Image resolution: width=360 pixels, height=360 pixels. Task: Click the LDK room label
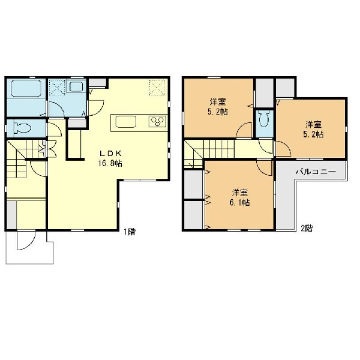click(110, 153)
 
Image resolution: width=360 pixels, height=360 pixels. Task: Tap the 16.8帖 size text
click(110, 163)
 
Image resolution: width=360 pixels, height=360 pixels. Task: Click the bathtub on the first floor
click(26, 88)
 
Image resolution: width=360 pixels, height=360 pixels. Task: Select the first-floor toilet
click(22, 128)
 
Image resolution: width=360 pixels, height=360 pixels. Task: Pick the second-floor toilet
click(265, 119)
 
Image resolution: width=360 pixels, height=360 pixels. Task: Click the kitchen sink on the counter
click(126, 121)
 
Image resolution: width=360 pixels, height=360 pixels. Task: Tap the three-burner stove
click(157, 121)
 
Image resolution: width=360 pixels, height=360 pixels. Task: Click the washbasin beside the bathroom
click(76, 86)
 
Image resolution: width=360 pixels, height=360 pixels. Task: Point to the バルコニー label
click(316, 171)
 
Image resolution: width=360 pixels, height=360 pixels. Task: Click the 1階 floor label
click(130, 232)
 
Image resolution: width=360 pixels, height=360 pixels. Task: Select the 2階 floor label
click(307, 228)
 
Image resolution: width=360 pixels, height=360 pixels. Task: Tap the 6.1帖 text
click(239, 202)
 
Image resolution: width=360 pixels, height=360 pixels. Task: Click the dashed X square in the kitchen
click(157, 87)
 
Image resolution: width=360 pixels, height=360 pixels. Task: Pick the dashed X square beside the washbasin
click(58, 87)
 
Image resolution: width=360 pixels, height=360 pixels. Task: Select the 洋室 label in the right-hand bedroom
click(313, 125)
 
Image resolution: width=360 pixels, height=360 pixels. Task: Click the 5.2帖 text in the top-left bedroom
click(218, 112)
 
